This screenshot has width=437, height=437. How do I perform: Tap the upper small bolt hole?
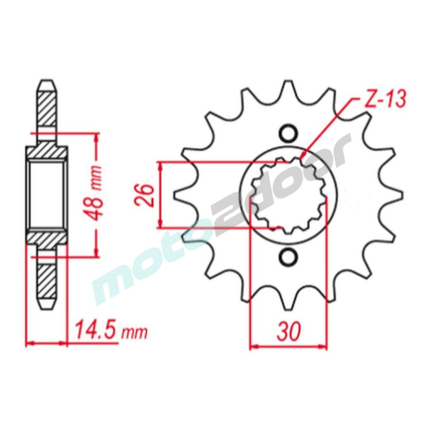coord(288,134)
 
